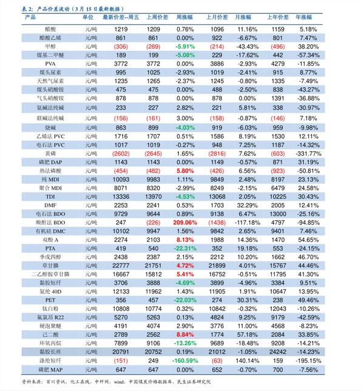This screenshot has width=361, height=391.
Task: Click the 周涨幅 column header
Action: pyautogui.click(x=184, y=17)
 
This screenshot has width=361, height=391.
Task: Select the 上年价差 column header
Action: pyautogui.click(x=278, y=17)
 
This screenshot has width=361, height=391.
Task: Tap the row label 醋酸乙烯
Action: pyautogui.click(x=50, y=38)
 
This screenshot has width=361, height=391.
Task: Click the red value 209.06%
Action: pyautogui.click(x=185, y=222)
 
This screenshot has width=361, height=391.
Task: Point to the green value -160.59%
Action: pyautogui.click(x=185, y=361)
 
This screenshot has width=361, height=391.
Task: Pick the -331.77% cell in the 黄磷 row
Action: pyautogui.click(x=309, y=153)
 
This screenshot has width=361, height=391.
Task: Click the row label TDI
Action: pyautogui.click(x=50, y=197)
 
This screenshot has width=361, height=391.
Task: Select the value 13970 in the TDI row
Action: pyautogui.click(x=154, y=197)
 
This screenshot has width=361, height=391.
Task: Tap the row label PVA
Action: pyautogui.click(x=50, y=64)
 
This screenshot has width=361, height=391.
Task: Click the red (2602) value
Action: pyautogui.click(x=121, y=153)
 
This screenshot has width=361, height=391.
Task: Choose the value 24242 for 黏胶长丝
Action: pyautogui.click(x=278, y=352)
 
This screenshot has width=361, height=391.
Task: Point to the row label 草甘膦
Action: pyautogui.click(x=50, y=266)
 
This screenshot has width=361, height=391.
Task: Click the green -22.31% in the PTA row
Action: pyautogui.click(x=185, y=249)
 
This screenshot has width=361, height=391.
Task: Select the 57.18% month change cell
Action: pyautogui.click(x=247, y=335)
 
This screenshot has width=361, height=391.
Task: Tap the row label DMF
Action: pyautogui.click(x=50, y=206)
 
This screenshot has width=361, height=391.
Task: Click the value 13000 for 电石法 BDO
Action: pyautogui.click(x=278, y=214)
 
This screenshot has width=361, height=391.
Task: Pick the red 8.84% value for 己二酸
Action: pyautogui.click(x=185, y=335)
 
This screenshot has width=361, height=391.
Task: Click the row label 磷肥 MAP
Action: pyautogui.click(x=50, y=370)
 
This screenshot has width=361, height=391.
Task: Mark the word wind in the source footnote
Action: pyautogui.click(x=119, y=382)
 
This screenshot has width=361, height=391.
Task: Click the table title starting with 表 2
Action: pyautogui.click(x=73, y=9)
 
